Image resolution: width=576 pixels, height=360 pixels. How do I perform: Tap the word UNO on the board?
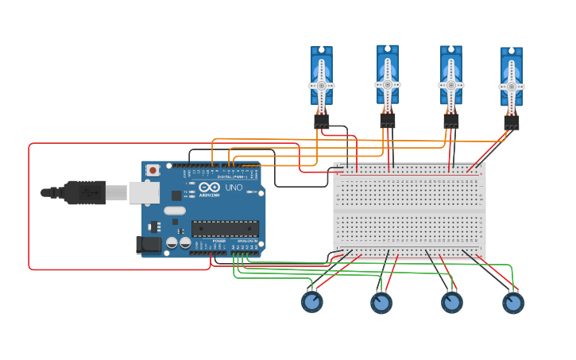pyautogui.click(x=234, y=188)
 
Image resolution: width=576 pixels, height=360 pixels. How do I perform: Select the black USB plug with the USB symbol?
pyautogui.click(x=84, y=192)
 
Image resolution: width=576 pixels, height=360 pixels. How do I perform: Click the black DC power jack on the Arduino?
pyautogui.click(x=149, y=246)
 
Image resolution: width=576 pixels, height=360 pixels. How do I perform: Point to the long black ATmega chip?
pyautogui.click(x=226, y=229)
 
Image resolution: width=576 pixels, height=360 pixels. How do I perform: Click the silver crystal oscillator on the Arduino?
pyautogui.click(x=175, y=211)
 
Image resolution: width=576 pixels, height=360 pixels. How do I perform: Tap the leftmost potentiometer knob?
pyautogui.click(x=311, y=302)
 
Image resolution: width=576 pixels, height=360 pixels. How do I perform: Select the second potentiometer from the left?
pyautogui.click(x=381, y=303)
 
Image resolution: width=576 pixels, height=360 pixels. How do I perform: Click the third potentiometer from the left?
pyautogui.click(x=452, y=303)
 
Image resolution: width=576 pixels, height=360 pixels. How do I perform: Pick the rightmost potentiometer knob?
pyautogui.click(x=513, y=303)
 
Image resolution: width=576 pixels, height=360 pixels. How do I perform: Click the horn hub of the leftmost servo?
pyautogui.click(x=322, y=85)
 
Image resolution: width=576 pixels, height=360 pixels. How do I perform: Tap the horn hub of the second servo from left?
pyautogui.click(x=388, y=84)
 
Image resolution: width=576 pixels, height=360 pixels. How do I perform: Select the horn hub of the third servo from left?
pyautogui.click(x=450, y=85)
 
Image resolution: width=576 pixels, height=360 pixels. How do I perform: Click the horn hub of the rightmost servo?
pyautogui.click(x=511, y=87)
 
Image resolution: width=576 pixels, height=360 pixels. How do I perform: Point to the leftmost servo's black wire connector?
pyautogui.click(x=321, y=121)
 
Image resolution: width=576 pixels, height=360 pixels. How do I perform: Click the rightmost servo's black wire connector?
pyautogui.click(x=511, y=122)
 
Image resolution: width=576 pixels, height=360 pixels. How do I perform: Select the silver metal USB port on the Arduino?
pyautogui.click(x=143, y=192)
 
